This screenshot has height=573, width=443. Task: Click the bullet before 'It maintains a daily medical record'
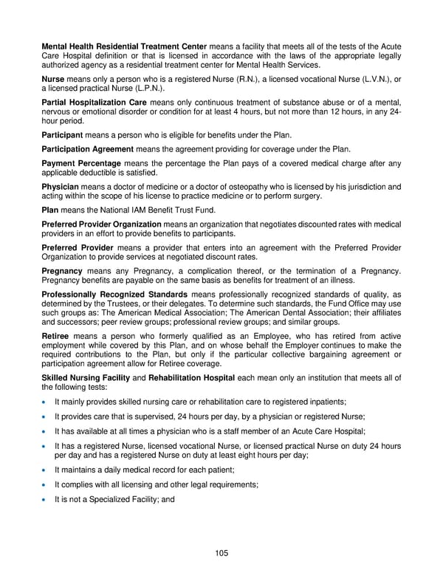click(46, 470)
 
